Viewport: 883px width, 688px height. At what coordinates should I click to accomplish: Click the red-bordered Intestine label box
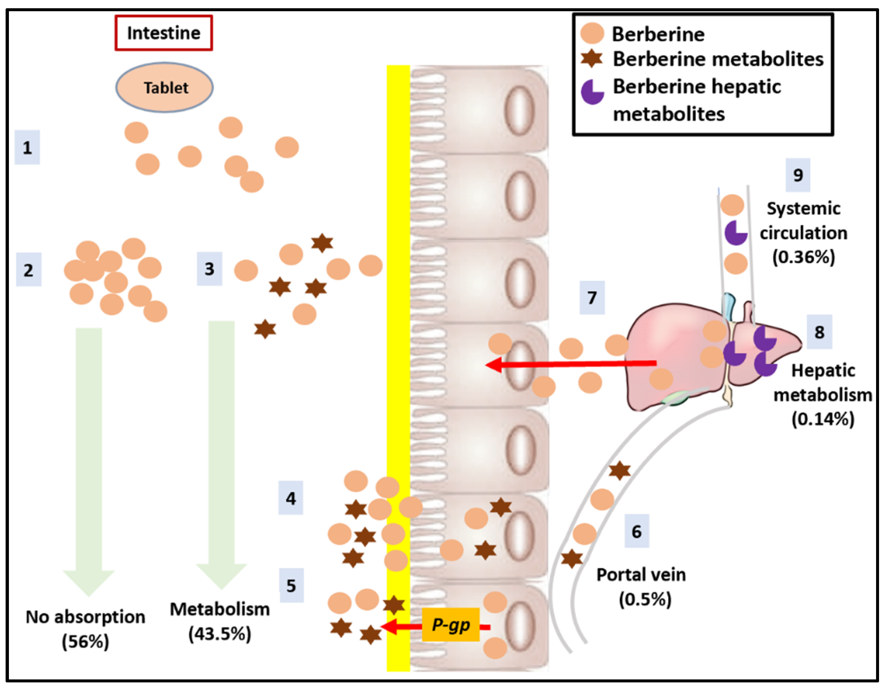click(x=164, y=33)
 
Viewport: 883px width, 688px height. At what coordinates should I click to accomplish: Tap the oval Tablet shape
click(x=165, y=87)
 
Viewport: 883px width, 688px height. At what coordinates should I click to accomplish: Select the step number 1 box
click(x=27, y=147)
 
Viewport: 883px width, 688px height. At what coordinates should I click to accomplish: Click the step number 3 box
click(x=210, y=269)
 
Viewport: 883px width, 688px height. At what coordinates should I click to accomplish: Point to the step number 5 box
click(x=291, y=585)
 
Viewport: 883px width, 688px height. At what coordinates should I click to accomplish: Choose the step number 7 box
click(x=592, y=298)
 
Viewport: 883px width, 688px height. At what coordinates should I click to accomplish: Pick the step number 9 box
click(x=798, y=175)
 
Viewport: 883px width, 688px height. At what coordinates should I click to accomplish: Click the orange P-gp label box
click(x=450, y=625)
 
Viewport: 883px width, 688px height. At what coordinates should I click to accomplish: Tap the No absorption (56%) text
click(x=85, y=629)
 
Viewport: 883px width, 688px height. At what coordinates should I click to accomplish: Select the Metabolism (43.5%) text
click(x=219, y=621)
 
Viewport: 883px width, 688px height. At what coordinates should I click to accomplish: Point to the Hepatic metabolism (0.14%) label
click(x=823, y=395)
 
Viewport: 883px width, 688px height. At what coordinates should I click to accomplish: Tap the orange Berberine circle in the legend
click(x=592, y=33)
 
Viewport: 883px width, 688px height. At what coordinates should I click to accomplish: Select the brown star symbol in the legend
click(x=592, y=59)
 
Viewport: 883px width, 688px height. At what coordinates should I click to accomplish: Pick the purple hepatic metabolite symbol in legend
click(x=592, y=92)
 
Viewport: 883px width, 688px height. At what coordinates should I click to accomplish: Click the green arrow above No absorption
click(x=89, y=457)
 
